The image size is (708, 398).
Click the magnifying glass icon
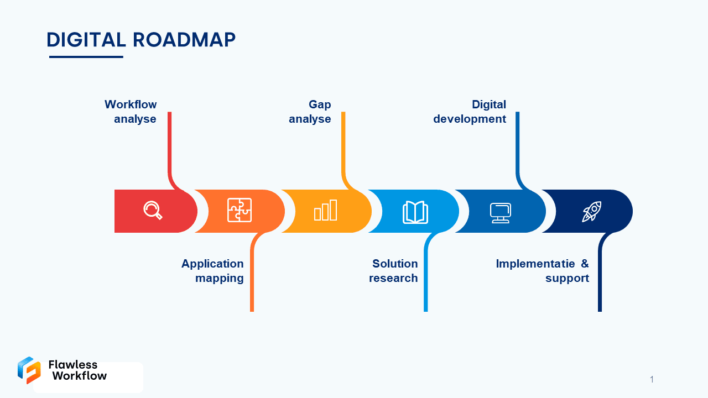point(153,211)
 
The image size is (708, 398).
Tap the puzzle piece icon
point(240,210)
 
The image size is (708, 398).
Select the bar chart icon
point(326,211)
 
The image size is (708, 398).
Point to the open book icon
point(415,212)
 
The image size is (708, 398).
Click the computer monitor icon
point(500,213)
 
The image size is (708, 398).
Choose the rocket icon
point(591,211)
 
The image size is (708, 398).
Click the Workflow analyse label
point(132,112)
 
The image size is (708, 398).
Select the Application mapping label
point(213,271)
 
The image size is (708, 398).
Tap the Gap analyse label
point(310,112)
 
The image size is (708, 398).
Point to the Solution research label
point(394,271)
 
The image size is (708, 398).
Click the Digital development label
point(470,112)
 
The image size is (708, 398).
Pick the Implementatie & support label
point(542,271)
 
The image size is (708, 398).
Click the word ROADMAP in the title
point(184,40)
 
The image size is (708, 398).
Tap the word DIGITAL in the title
point(86,40)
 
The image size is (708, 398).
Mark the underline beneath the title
point(86,56)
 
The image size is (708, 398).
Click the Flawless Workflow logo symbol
point(29,370)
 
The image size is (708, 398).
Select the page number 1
point(652,379)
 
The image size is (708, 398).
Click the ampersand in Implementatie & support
point(585,264)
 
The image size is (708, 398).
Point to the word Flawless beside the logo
point(73,364)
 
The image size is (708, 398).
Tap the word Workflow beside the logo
point(79,376)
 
